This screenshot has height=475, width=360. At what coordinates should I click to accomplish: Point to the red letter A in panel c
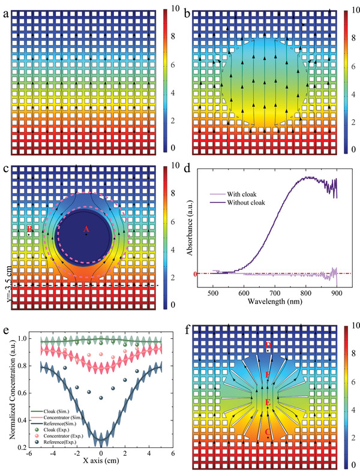[x=86, y=229]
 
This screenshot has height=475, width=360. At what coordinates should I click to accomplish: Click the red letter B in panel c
[x=28, y=229]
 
